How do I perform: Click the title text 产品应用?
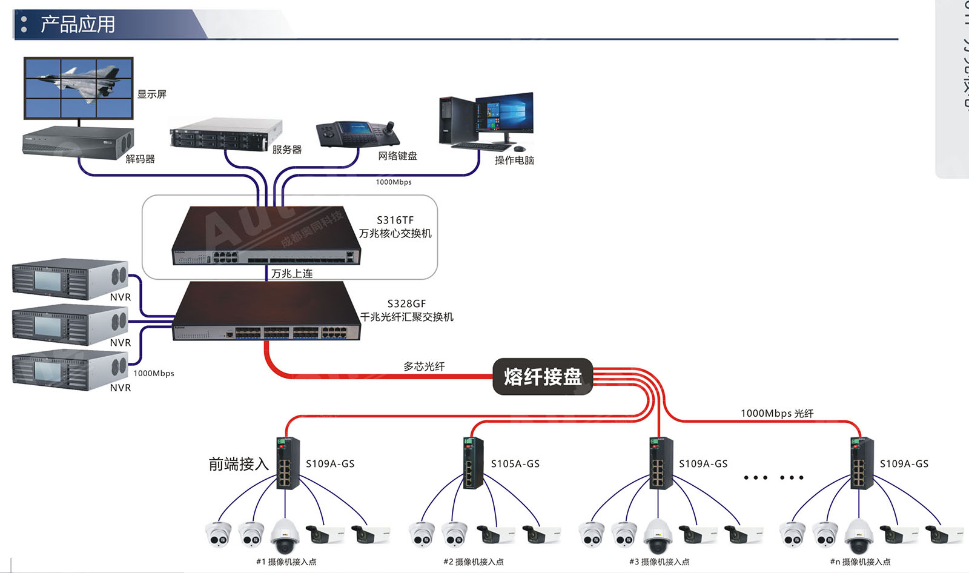coord(78,24)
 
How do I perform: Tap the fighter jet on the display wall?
coord(79,81)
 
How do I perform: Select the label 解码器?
coord(140,159)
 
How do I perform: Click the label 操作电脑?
coord(514,160)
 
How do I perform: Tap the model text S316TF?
coord(395,220)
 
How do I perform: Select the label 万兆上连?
coord(292,274)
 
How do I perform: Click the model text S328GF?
coord(406,303)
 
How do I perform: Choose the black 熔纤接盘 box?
coord(542,377)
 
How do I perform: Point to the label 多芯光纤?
coord(424,366)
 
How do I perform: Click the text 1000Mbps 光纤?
coord(777,413)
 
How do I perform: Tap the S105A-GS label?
coord(515,464)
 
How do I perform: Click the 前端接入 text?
coord(239,464)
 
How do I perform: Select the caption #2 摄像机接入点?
coord(474,561)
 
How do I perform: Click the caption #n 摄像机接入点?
coord(860,561)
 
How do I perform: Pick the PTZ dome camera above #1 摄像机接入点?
coord(285,535)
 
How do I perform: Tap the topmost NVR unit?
coord(70,279)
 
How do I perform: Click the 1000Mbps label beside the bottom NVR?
coord(154,373)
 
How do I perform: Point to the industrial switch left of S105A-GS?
coord(473,463)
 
